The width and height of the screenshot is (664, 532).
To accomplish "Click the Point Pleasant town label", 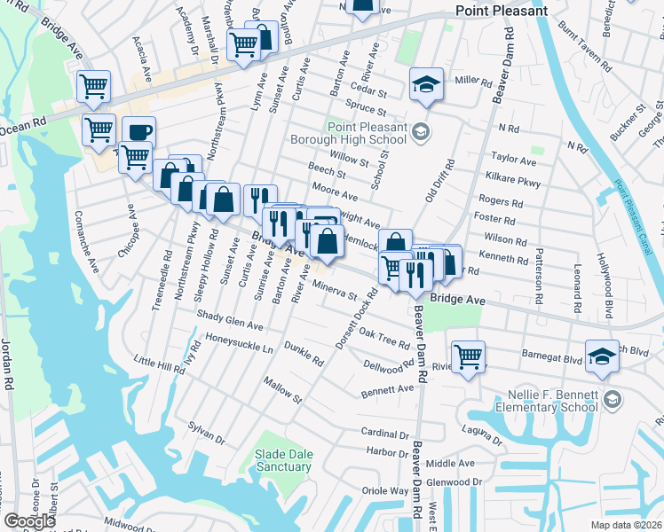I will (x=501, y=11).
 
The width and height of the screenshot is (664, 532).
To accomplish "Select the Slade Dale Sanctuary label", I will (x=283, y=460).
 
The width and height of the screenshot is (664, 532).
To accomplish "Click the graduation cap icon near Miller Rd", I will (x=426, y=85).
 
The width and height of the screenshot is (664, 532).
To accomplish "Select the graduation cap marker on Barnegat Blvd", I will (x=602, y=356).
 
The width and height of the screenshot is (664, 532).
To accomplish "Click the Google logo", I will (x=29, y=520).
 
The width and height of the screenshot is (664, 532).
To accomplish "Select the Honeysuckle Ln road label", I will (x=239, y=343).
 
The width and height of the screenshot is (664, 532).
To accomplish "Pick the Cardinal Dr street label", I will (x=383, y=434).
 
